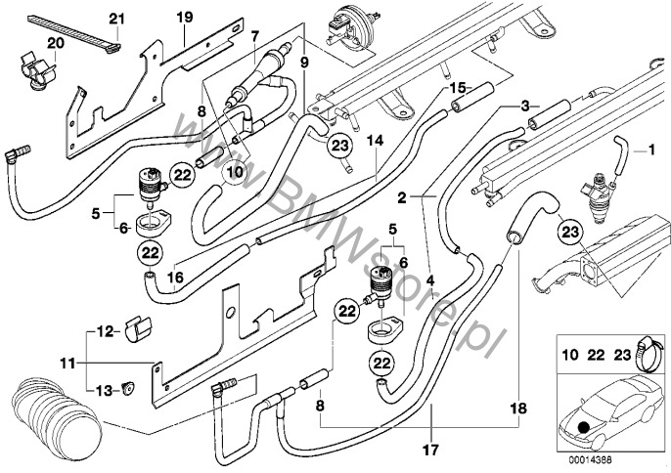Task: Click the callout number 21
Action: coord(117,20)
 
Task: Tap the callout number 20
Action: coord(55,45)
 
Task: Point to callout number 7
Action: coord(254,37)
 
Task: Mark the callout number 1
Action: coord(644,150)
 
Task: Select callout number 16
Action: coord(175,277)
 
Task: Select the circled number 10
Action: coord(233,173)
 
